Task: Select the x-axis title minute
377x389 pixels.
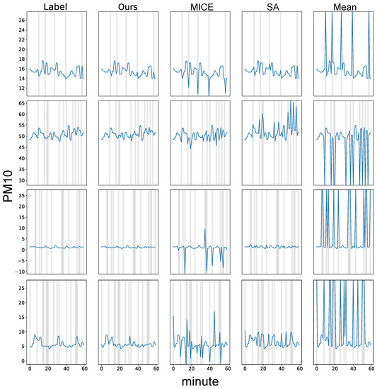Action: click(199, 381)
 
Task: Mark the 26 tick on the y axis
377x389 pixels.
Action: click(21, 21)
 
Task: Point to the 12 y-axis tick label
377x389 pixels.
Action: click(21, 88)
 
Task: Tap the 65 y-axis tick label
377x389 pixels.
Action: click(21, 104)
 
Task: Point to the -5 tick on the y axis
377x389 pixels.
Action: click(21, 259)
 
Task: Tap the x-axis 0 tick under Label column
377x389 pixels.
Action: click(30, 369)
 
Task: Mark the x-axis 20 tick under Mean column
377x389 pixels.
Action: click(335, 369)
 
